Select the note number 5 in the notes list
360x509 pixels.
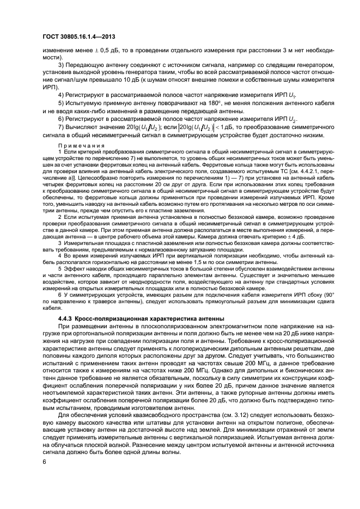tap(59, 268)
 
